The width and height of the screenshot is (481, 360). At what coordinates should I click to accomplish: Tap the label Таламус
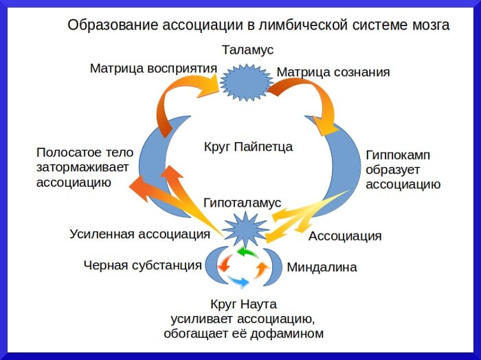tap(247, 50)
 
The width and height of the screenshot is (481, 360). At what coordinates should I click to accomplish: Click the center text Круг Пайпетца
tap(248, 146)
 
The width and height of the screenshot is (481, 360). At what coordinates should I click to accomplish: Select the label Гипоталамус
tap(243, 203)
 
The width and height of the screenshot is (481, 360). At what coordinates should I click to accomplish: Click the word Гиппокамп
tap(398, 155)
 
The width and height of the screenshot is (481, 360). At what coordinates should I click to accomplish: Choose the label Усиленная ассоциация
tap(139, 234)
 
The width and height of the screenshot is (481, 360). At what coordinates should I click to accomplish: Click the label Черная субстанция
tap(142, 265)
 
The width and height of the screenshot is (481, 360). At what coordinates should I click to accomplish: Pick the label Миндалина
tap(322, 267)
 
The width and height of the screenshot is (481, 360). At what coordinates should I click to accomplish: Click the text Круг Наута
tap(243, 304)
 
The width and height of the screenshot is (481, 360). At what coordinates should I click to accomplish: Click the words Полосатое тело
tap(85, 153)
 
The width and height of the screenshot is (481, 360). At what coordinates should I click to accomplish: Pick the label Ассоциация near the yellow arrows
tap(344, 236)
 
